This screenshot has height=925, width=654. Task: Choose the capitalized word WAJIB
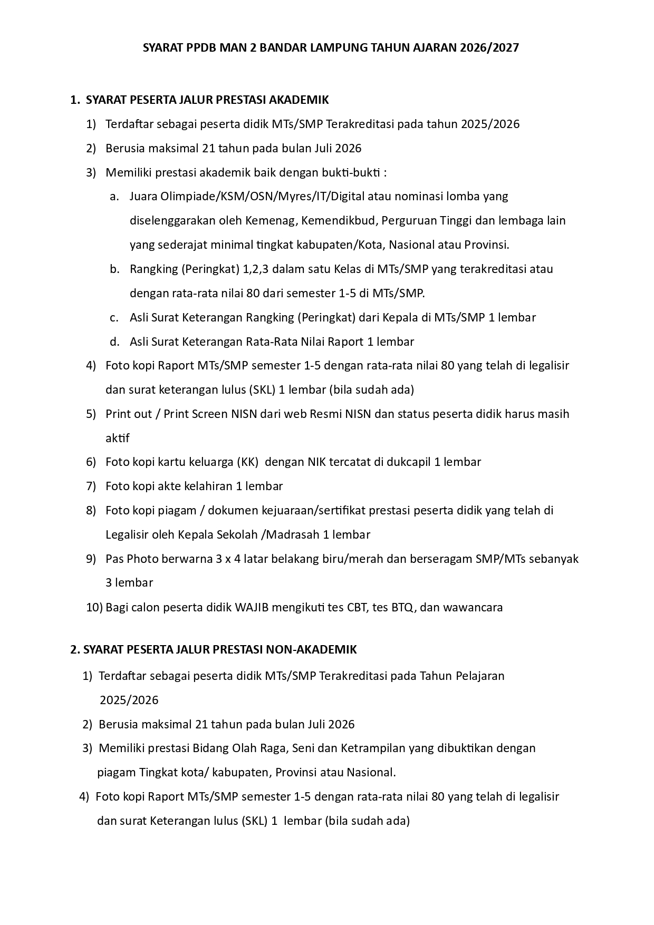coord(252,607)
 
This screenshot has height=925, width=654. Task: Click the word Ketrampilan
coord(373,748)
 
